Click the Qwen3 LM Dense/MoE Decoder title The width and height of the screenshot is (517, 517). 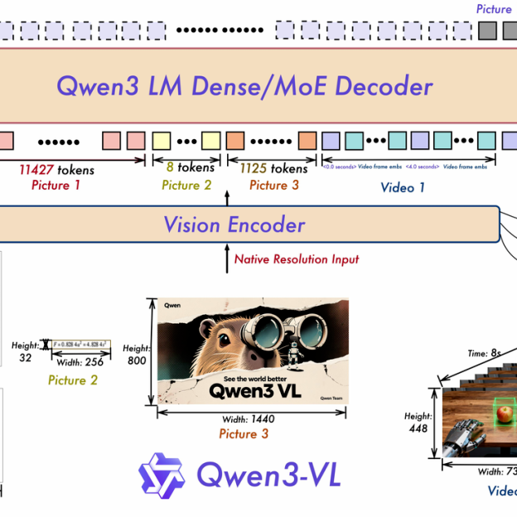click(x=244, y=86)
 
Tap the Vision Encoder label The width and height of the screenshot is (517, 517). click(x=234, y=225)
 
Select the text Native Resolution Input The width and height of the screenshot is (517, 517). click(x=297, y=259)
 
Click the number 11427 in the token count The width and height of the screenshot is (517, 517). click(x=37, y=170)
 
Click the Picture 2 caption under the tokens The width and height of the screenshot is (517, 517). click(x=186, y=185)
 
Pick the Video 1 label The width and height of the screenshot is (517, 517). click(x=403, y=187)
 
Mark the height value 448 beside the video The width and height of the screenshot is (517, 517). click(x=417, y=428)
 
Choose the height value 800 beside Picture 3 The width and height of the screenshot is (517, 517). click(x=138, y=360)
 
